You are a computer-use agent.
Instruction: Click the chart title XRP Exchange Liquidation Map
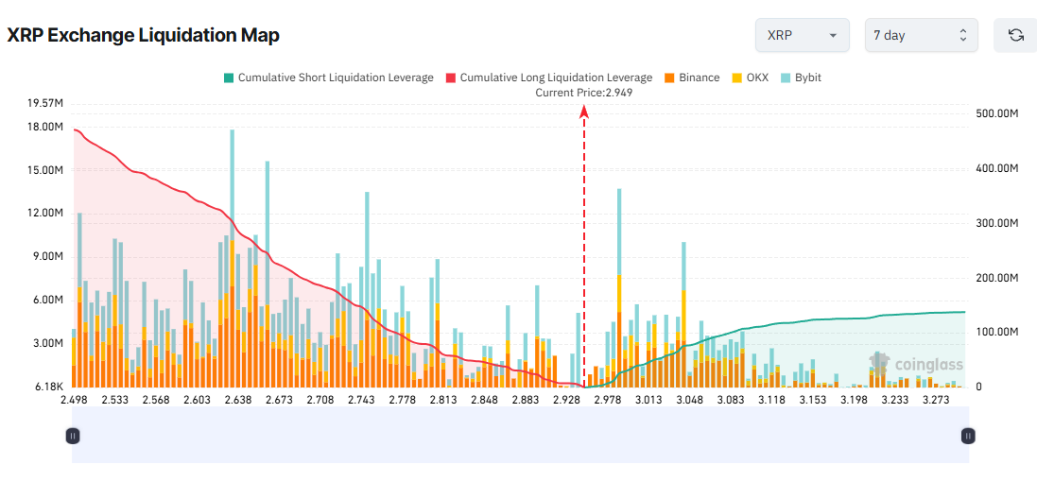[x=144, y=35]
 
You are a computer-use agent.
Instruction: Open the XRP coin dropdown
[x=802, y=35]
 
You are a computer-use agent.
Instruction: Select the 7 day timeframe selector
[x=921, y=35]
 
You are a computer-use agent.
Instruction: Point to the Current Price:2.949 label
[x=583, y=93]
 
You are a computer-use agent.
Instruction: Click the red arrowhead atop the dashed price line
[x=584, y=112]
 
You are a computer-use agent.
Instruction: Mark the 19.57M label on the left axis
[x=45, y=103]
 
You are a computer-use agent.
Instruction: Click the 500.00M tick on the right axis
[x=996, y=113]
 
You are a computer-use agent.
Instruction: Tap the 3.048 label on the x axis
[x=689, y=400]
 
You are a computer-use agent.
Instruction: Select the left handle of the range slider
[x=73, y=436]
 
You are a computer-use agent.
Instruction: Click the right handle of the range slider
[x=967, y=436]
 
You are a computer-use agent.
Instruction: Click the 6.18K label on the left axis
[x=48, y=387]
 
